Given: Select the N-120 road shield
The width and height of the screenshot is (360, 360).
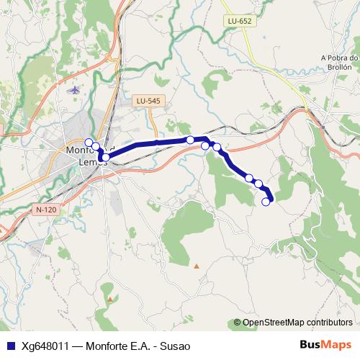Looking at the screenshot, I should [45, 210].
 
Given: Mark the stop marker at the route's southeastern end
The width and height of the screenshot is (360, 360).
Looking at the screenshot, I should [266, 202].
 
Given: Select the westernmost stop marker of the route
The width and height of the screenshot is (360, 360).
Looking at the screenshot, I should [89, 142].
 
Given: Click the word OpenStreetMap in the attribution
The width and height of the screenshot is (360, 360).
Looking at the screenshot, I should [276, 323].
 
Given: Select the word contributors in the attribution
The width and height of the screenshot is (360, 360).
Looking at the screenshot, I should [331, 323].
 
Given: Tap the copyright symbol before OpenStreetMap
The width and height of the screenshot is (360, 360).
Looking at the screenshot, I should [238, 323].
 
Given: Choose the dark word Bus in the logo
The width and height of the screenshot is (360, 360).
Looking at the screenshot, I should [310, 345].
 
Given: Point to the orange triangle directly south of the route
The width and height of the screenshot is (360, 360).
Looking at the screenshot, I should [196, 266].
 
